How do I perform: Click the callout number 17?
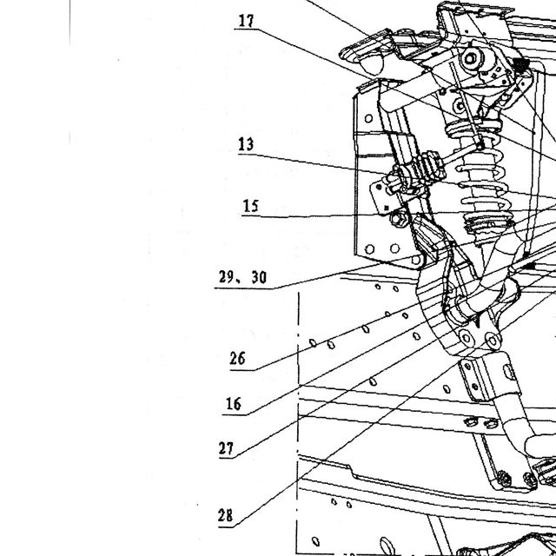(246, 21)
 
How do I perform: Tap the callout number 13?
(246, 144)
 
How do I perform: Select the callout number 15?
(251, 206)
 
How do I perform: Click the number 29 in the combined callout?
(226, 276)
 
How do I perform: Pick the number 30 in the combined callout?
(259, 277)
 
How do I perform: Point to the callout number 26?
(237, 358)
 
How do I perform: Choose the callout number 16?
(234, 403)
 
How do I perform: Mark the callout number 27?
(226, 448)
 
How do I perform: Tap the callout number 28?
(226, 515)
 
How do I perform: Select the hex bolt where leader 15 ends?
(399, 219)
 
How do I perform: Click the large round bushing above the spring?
(471, 58)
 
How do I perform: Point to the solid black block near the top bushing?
(520, 64)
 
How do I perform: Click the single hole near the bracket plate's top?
(368, 118)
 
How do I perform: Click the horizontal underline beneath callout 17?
(245, 30)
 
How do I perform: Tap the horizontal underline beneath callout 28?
(226, 527)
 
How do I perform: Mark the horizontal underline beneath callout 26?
(242, 371)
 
